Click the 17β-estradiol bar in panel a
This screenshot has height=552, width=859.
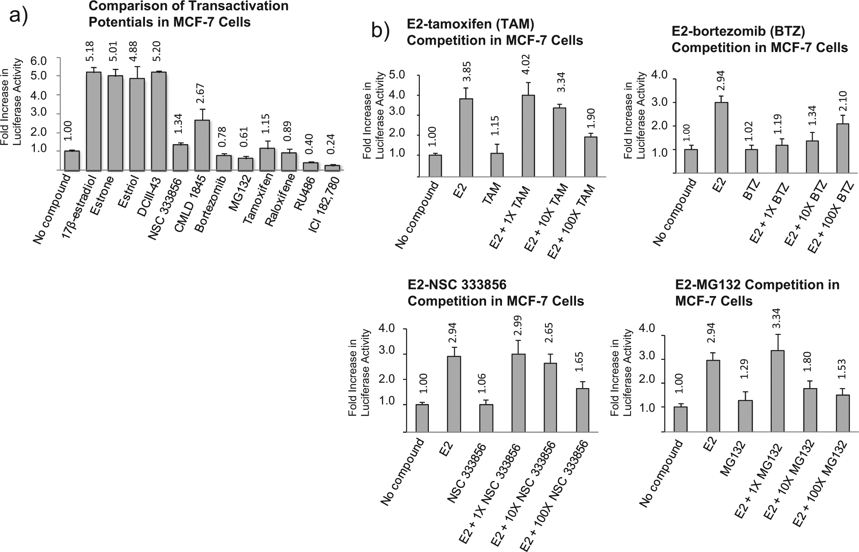pyautogui.click(x=94, y=121)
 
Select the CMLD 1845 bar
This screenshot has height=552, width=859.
pyautogui.click(x=202, y=145)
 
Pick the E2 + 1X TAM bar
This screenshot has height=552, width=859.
pyautogui.click(x=527, y=136)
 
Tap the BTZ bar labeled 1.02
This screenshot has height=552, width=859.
pyautogui.click(x=751, y=161)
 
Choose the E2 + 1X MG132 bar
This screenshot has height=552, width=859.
pyautogui.click(x=778, y=391)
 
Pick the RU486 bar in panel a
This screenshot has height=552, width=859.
pyautogui.click(x=311, y=167)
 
